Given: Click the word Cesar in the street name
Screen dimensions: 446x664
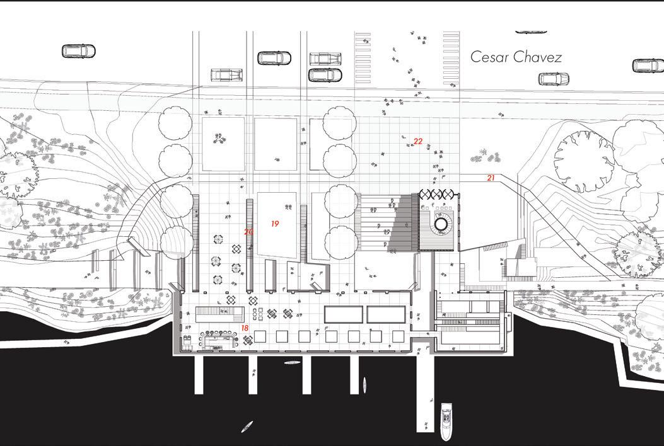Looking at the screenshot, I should (x=491, y=57).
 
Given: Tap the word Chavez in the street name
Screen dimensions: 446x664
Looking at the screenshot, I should (x=537, y=57).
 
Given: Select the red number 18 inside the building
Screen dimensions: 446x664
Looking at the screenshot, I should (x=244, y=328).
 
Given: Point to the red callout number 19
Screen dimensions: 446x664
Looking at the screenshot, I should (x=275, y=224).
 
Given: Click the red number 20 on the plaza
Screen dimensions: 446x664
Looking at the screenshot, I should (x=248, y=232).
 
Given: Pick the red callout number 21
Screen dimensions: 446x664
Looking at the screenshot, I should (x=491, y=178).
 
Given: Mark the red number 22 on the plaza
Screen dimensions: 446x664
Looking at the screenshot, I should (x=418, y=142).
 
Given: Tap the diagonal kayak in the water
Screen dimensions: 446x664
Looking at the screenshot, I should (x=247, y=426).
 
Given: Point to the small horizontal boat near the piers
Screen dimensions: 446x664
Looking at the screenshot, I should (x=291, y=363).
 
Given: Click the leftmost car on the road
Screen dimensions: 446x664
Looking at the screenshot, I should (x=78, y=51).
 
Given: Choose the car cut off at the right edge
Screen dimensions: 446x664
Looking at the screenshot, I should (x=648, y=66).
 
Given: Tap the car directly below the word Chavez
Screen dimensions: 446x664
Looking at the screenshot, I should (x=553, y=79).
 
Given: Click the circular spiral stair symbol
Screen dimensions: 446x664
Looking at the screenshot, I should (x=441, y=224).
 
